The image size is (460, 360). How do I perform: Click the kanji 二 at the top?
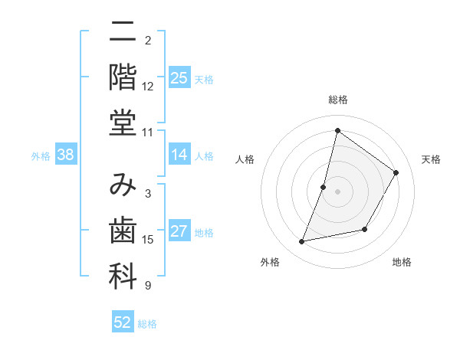(x=123, y=32)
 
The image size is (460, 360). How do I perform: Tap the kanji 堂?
(x=123, y=123)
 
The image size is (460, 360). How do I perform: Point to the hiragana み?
(x=123, y=186)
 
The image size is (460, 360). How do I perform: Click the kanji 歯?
(x=123, y=231)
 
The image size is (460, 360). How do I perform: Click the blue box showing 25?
(x=179, y=77)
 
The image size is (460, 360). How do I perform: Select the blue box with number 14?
(x=179, y=155)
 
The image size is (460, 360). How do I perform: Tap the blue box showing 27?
(x=179, y=231)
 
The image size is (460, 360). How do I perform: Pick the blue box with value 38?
(x=66, y=155)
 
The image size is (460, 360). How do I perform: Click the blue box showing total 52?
(x=123, y=322)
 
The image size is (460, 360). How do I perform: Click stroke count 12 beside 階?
(x=148, y=86)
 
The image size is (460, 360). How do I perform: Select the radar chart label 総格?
(x=337, y=100)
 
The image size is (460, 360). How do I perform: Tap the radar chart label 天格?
(x=431, y=159)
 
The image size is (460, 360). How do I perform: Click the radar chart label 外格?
(x=270, y=262)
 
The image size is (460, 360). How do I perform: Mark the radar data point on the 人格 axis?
(x=324, y=187)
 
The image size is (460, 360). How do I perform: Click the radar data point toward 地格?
(x=365, y=229)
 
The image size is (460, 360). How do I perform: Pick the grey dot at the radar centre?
(x=337, y=191)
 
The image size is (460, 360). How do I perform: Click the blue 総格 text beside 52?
(x=147, y=324)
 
